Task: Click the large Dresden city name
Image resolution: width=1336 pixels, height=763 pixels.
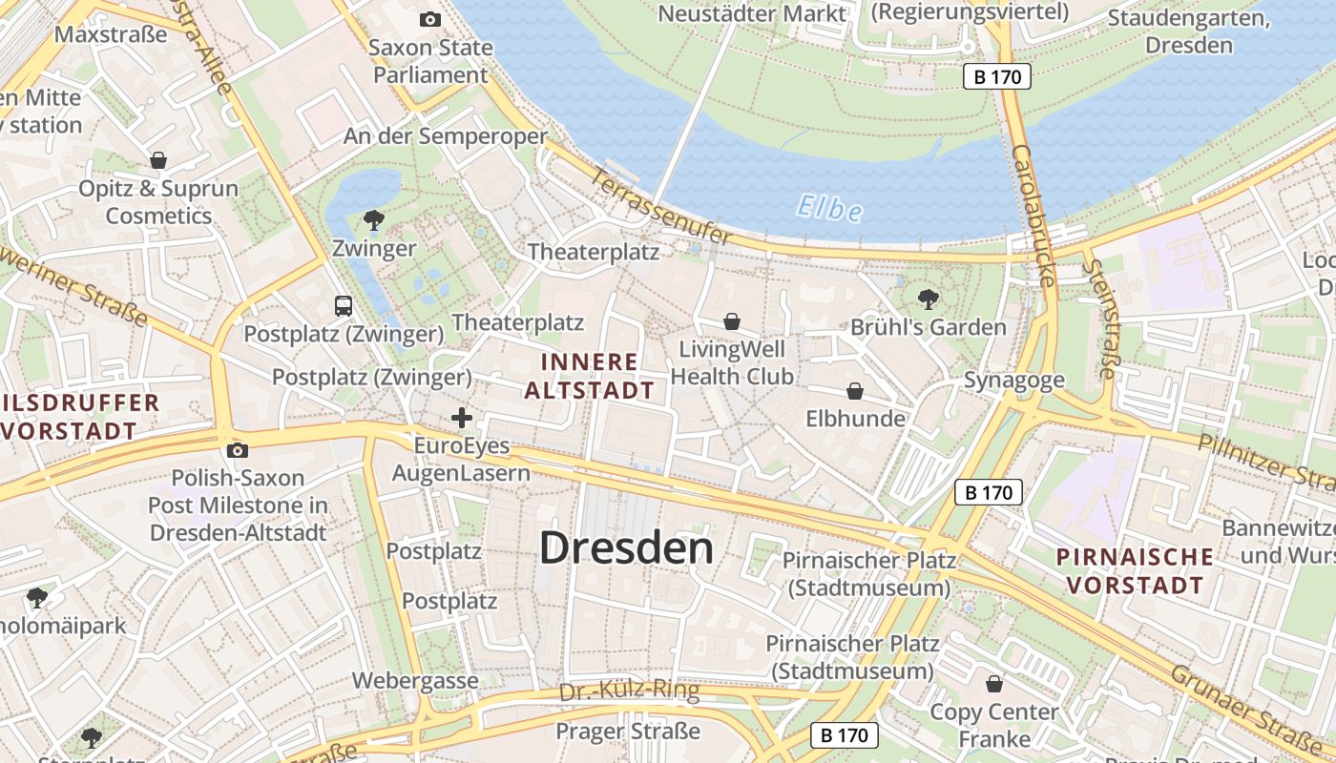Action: [x=626, y=548]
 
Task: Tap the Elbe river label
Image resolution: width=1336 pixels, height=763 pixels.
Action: [x=828, y=208]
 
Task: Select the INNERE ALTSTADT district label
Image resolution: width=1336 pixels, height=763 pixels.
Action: [x=589, y=376]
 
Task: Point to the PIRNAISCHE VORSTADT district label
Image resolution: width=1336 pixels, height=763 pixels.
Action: [x=1136, y=570]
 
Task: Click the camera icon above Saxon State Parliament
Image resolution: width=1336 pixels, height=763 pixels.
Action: [x=430, y=19]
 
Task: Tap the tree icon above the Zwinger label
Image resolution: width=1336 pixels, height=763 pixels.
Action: [x=374, y=221]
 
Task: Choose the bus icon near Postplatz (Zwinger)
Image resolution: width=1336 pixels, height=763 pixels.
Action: [x=344, y=306]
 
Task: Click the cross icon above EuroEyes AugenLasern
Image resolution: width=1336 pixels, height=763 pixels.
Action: [x=462, y=418]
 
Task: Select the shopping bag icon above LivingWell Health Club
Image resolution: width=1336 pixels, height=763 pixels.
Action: [x=732, y=320]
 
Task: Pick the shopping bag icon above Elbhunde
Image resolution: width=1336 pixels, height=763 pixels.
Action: [x=855, y=391]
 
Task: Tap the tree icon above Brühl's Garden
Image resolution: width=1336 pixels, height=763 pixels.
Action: [x=928, y=299]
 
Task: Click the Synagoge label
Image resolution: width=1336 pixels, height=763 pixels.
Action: [x=1013, y=381]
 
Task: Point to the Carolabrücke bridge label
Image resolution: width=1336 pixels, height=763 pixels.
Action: [x=1033, y=216]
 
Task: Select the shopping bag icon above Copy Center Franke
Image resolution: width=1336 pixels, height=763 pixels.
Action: [x=994, y=684]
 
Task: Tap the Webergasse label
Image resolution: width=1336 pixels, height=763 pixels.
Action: [x=415, y=681]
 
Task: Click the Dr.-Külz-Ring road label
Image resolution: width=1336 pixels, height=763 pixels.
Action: [x=629, y=691]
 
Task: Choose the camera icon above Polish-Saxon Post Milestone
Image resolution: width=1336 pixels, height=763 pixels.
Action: [x=238, y=450]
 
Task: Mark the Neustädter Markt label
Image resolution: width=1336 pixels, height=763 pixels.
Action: [x=752, y=13]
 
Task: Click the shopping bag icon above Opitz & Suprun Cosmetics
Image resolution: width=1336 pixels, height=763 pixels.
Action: [x=158, y=160]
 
